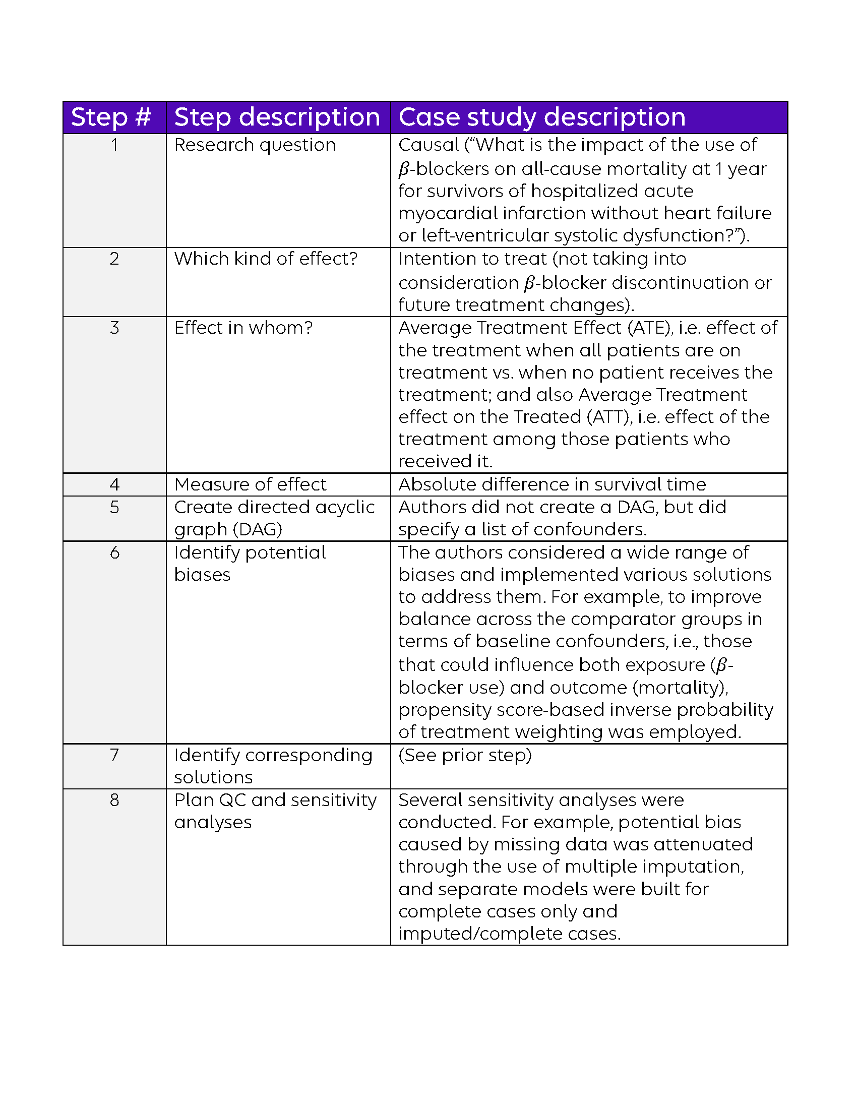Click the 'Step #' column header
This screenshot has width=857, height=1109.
point(111,117)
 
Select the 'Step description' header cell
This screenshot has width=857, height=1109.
point(277,117)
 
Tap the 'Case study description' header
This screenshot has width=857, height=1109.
point(542,117)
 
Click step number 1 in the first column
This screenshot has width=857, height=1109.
point(114,145)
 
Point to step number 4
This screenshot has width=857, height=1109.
point(114,484)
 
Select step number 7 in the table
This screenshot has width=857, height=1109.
point(114,755)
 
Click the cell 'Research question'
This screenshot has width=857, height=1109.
point(255,145)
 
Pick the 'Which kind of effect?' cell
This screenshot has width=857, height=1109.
point(266,259)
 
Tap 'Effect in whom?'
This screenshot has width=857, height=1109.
point(243,328)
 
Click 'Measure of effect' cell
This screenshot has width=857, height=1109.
point(251,484)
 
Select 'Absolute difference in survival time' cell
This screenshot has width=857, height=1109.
point(552,484)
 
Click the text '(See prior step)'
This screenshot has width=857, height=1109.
point(465,755)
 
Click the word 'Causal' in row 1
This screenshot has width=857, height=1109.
point(428,145)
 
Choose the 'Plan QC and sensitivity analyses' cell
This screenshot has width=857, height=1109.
point(275,811)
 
